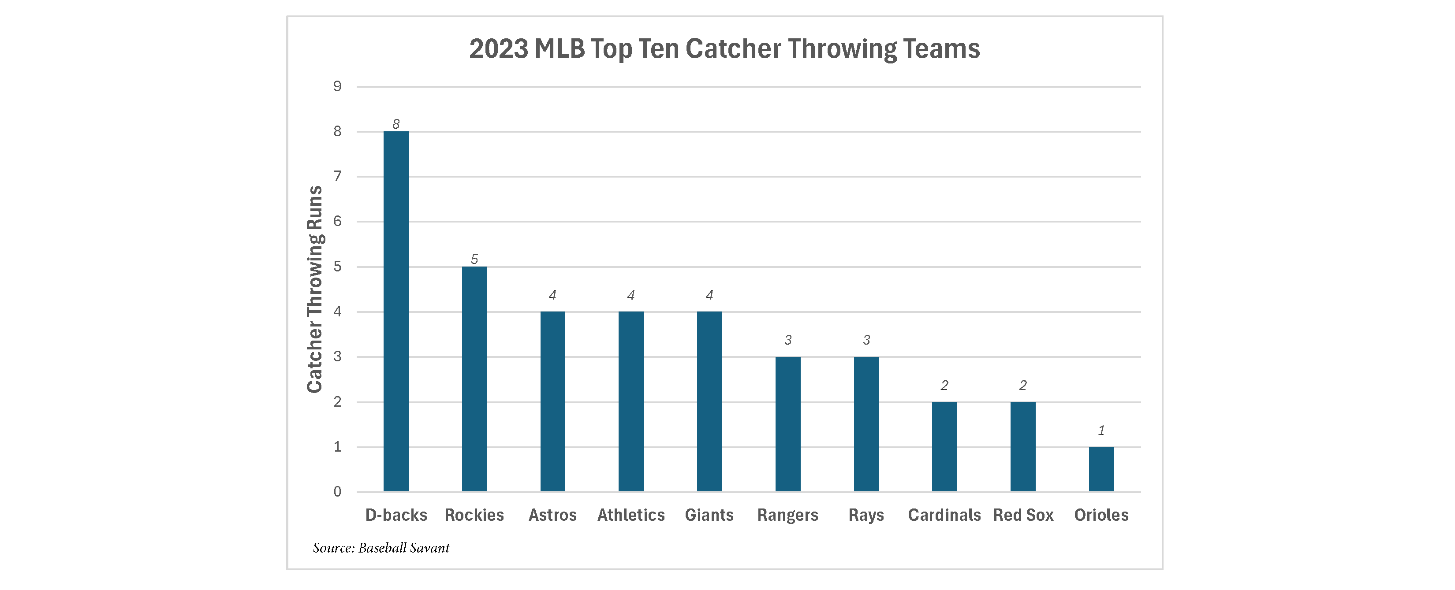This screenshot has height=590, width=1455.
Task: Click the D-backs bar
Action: [x=395, y=311]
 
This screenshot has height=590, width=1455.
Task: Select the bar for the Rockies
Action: [x=474, y=379]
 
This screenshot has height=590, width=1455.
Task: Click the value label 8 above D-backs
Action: [x=396, y=124]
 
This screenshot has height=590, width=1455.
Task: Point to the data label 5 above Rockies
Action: [x=474, y=259]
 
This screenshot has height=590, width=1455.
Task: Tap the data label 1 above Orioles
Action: [x=1101, y=430]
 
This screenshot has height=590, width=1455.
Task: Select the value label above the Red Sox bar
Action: [x=1023, y=385]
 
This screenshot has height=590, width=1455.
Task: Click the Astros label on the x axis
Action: [x=552, y=515]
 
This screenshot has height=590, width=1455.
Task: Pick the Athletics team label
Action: [x=631, y=515]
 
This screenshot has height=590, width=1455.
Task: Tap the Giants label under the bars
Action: [x=709, y=515]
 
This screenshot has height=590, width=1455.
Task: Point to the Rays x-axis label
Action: [x=866, y=516]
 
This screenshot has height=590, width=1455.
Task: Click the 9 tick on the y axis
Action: [x=337, y=86]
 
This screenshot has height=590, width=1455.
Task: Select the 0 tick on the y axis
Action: [x=337, y=492]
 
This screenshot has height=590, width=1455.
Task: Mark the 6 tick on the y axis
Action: [x=337, y=221]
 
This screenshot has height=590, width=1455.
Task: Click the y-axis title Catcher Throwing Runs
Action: [x=315, y=289]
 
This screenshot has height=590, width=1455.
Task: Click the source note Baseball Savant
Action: [x=381, y=548]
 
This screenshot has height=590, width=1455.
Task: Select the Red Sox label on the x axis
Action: [x=1023, y=515]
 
